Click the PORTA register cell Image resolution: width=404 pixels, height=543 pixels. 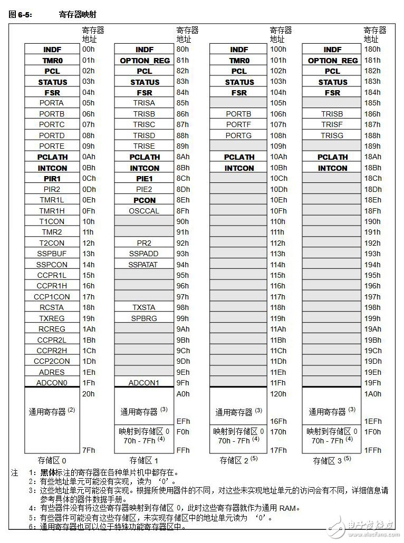pyautogui.click(x=51, y=103)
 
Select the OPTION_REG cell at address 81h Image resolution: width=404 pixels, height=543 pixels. pyautogui.click(x=145, y=60)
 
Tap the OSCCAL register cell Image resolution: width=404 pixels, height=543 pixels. pyautogui.click(x=145, y=211)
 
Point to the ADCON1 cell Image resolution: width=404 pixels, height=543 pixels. pyautogui.click(x=145, y=383)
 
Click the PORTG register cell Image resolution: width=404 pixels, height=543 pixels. pyautogui.click(x=239, y=135)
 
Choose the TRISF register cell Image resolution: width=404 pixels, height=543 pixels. pyautogui.click(x=332, y=125)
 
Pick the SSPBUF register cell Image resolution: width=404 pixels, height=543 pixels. pyautogui.click(x=51, y=254)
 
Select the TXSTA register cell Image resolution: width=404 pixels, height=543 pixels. pyautogui.click(x=145, y=307)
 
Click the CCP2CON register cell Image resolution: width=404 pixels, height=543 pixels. pyautogui.click(x=51, y=361)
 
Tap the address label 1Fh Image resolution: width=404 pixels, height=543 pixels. pyautogui.click(x=88, y=383)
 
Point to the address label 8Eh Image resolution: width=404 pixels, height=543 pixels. pyautogui.click(x=183, y=200)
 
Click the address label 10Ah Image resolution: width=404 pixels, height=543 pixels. pyautogui.click(x=278, y=157)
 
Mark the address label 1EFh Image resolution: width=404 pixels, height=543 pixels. pyautogui.click(x=373, y=421)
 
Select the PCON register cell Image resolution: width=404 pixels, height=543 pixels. pyautogui.click(x=145, y=200)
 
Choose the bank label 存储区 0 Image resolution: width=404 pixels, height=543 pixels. pyautogui.click(x=51, y=460)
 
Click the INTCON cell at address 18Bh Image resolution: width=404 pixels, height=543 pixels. pyautogui.click(x=332, y=168)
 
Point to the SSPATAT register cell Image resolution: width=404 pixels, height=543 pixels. pyautogui.click(x=145, y=265)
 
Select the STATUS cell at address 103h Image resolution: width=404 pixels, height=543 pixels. pyautogui.click(x=239, y=82)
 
